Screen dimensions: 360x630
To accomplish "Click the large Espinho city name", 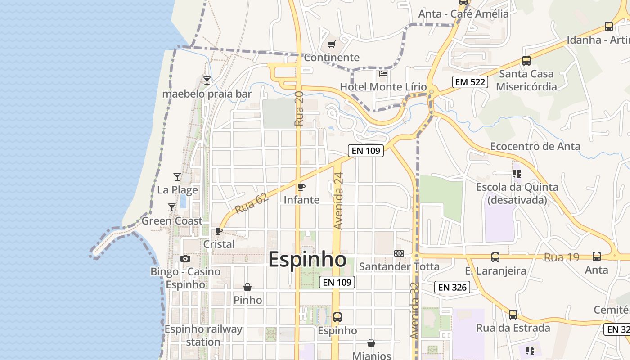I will pos(307,260).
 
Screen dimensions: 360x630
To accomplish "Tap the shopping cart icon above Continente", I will pos(332,44).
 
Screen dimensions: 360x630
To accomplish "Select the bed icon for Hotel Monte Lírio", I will pos(383,73).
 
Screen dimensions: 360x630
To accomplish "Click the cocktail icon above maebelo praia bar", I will pos(207,81).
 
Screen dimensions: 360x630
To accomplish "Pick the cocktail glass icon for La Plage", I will pos(177,177).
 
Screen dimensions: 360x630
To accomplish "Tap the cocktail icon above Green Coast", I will pos(172,207).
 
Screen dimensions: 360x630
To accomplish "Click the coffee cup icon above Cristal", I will pos(219,231).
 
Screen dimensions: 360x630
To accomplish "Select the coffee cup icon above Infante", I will pos(301,187).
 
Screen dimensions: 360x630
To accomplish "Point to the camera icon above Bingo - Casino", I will pos(185,258).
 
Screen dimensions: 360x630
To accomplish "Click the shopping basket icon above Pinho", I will pos(247,287).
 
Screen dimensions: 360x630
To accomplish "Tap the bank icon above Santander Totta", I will pos(399,253).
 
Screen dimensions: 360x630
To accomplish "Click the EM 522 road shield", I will pos(470,82).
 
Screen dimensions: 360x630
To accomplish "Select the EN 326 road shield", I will pos(452,287).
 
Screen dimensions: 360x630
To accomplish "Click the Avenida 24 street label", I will pos(339,201).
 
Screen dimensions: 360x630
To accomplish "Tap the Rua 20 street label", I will pos(299,108).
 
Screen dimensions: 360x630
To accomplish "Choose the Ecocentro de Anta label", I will pos(535,146).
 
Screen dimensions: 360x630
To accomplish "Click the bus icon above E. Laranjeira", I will pos(495,257).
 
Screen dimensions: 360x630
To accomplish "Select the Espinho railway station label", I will pos(203,335).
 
